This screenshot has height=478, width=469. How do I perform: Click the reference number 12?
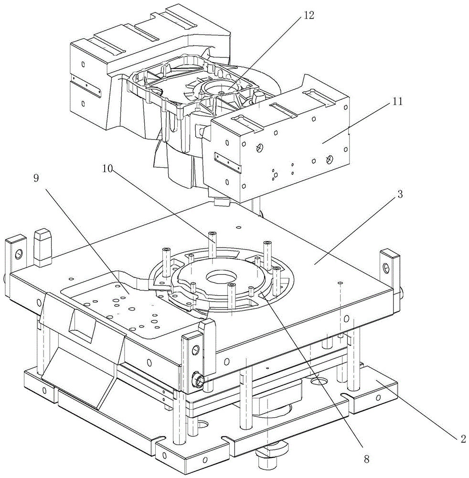(309, 16)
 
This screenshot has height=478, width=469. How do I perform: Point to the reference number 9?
(36, 178)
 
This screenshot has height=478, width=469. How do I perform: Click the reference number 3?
(400, 194)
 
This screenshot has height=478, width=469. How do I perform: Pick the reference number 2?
(463, 439)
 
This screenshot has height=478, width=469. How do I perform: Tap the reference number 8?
(367, 459)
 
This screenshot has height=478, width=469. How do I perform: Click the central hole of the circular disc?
(222, 277)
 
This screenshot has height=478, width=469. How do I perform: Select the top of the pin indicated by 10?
(213, 234)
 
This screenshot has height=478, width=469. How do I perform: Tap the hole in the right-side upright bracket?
(386, 267)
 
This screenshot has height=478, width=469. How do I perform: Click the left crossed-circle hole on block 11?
(259, 148)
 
